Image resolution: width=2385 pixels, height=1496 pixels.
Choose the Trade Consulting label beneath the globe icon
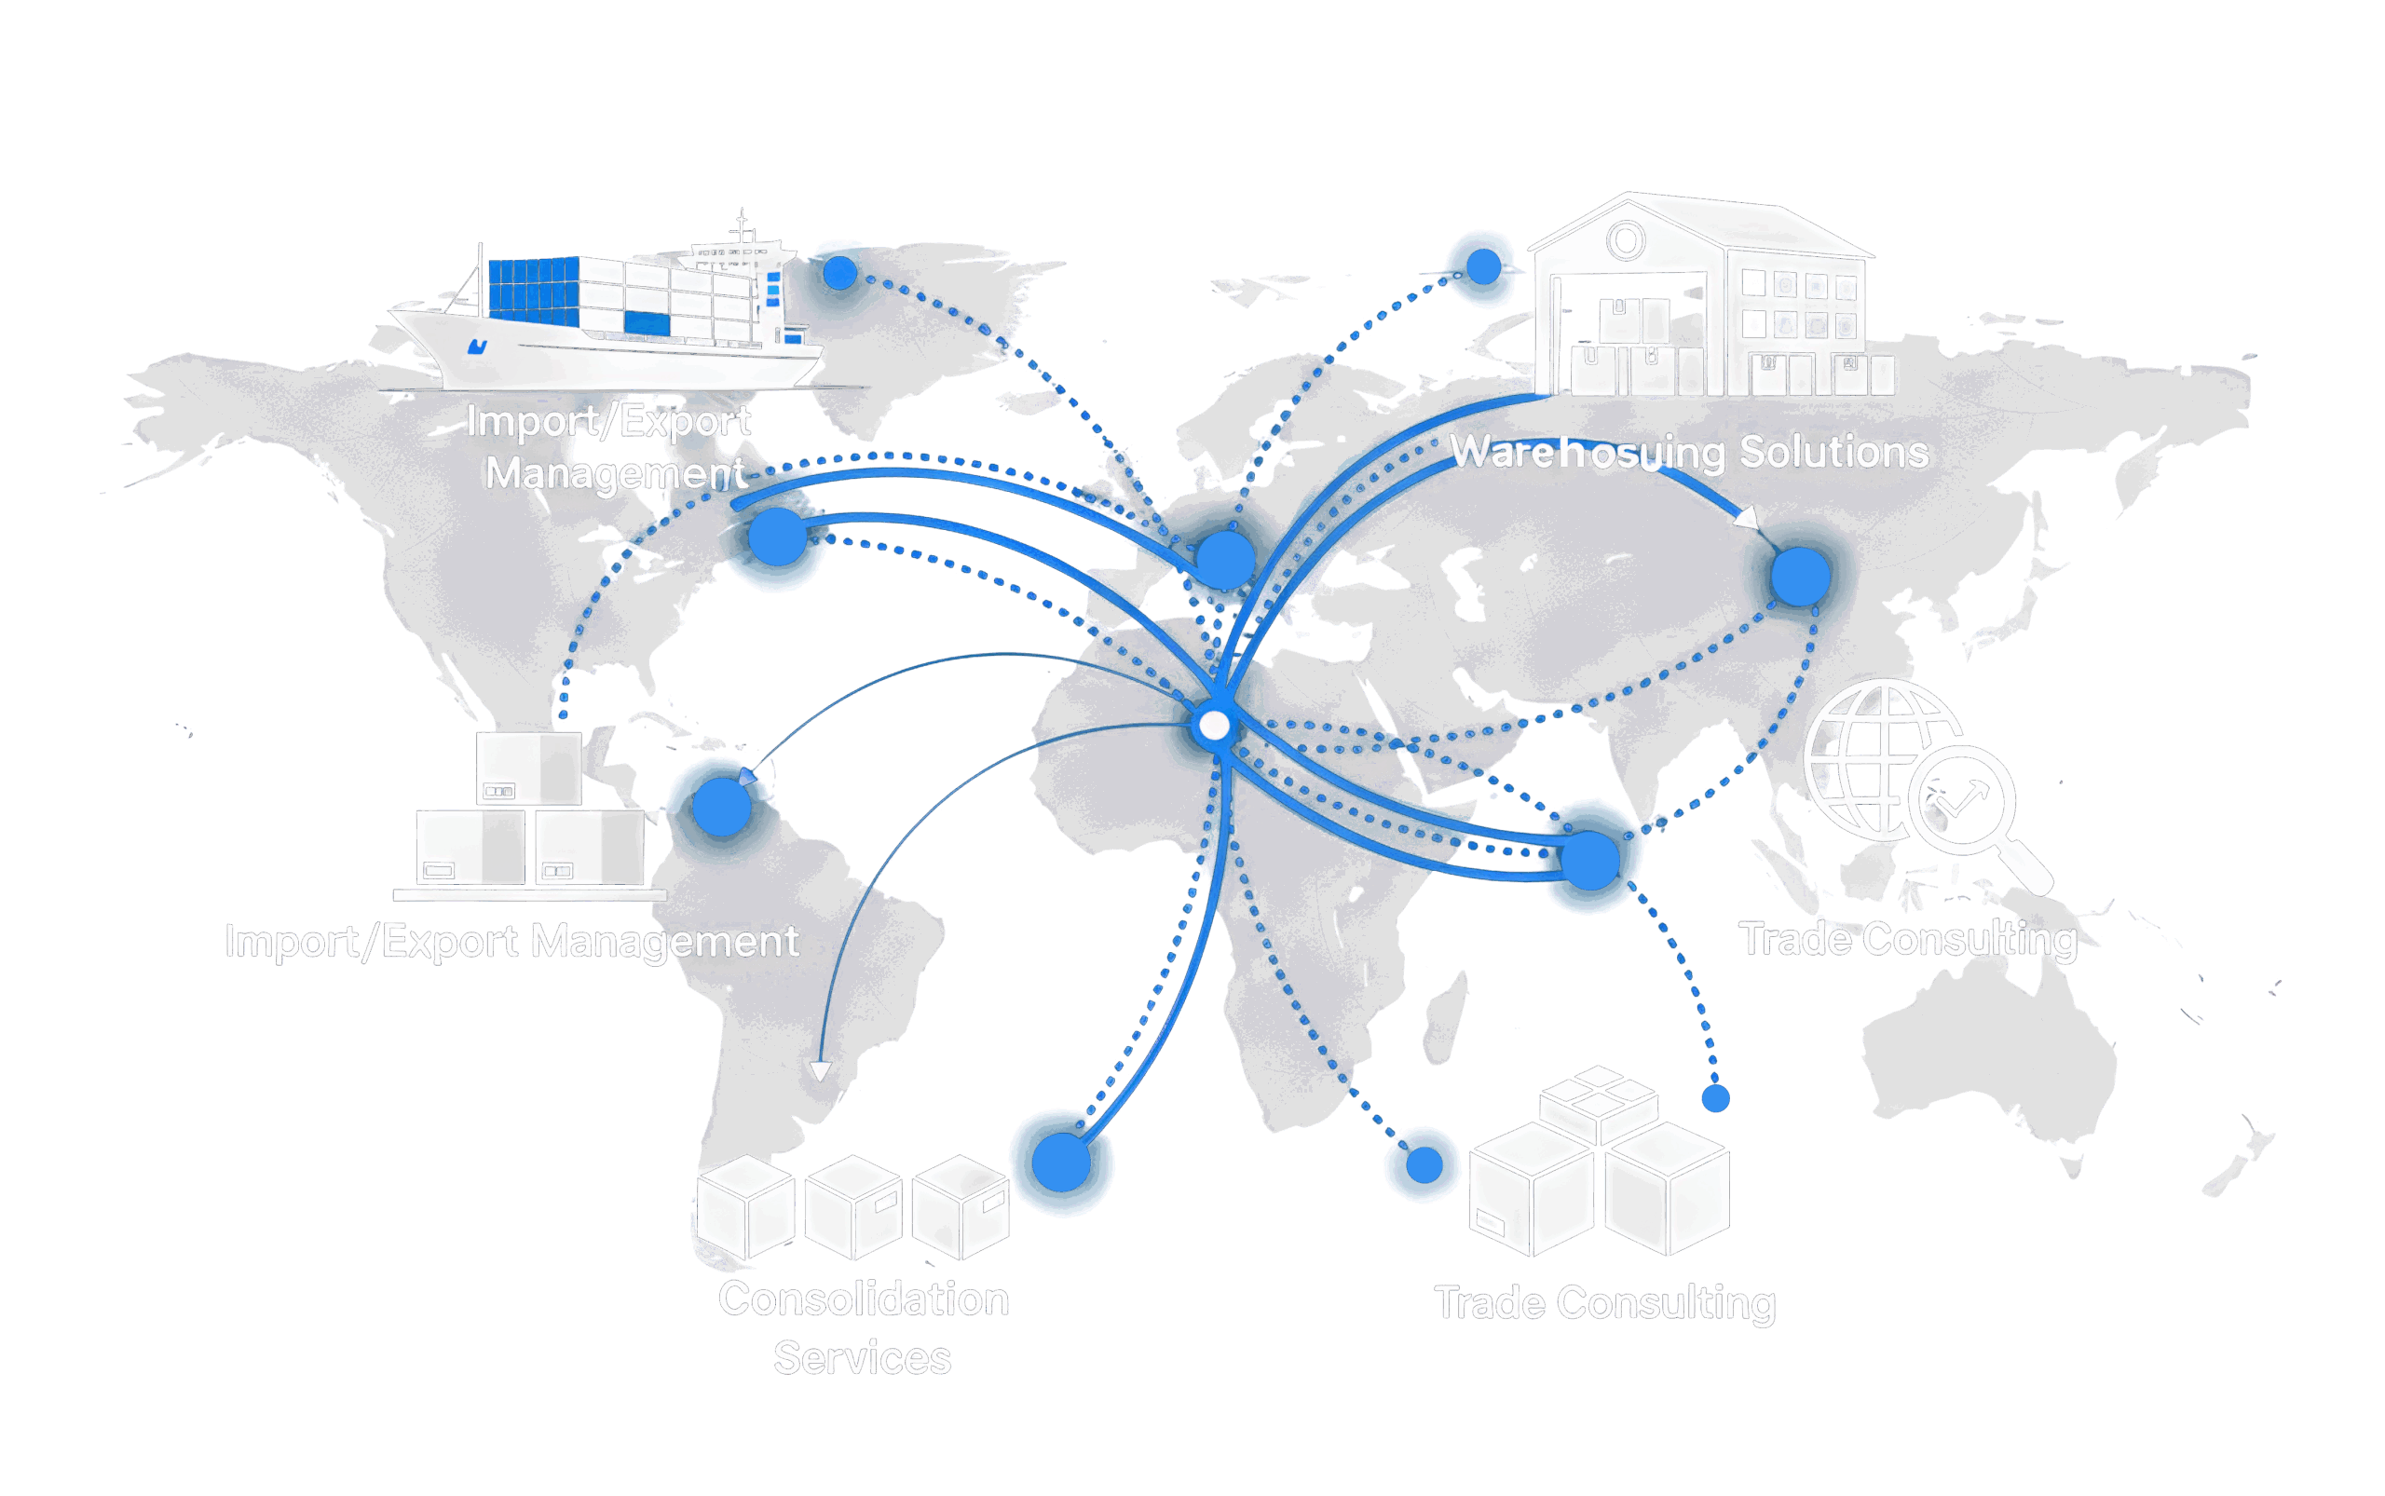click(x=1907, y=939)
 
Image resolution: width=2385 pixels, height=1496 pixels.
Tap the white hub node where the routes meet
click(x=1214, y=727)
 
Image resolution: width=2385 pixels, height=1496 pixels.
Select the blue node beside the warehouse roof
click(x=1482, y=267)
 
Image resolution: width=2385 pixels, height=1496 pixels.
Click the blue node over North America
click(x=778, y=537)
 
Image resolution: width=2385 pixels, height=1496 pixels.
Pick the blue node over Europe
click(x=1225, y=560)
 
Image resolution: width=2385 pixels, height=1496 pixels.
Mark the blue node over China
click(x=1800, y=576)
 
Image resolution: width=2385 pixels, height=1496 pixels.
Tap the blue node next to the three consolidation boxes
click(x=1061, y=1163)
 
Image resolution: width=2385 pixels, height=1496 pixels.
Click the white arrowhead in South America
click(x=820, y=1071)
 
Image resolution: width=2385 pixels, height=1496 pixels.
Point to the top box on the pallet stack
click(x=528, y=768)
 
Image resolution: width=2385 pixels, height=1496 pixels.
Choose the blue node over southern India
click(x=1589, y=859)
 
